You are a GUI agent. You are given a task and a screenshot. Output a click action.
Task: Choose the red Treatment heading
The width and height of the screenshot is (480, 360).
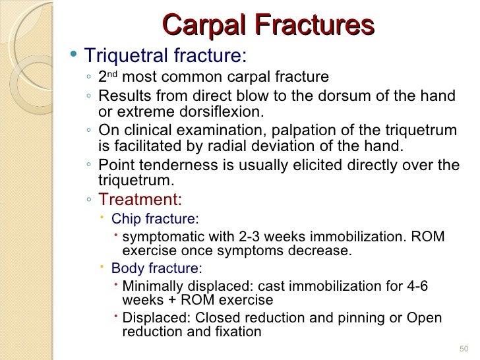click(140, 199)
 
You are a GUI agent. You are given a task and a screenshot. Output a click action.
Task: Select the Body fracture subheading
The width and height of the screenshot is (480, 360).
click(156, 268)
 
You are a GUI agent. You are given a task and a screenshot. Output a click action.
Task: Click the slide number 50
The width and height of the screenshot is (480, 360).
click(462, 348)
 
